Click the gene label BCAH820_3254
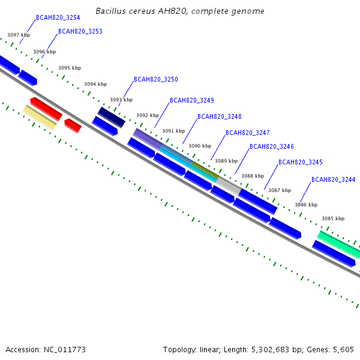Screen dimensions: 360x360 (x=58, y=18)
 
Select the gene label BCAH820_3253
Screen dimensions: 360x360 (x=80, y=31)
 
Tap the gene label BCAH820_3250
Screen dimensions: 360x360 (x=155, y=79)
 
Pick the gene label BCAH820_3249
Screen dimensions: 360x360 (x=191, y=100)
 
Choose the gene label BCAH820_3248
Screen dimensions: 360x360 (x=219, y=116)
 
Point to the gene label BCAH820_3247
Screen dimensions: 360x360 (x=247, y=133)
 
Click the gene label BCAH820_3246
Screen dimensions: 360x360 (x=271, y=146)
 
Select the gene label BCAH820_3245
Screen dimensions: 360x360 (x=300, y=162)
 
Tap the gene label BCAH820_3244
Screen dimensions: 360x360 (x=333, y=179)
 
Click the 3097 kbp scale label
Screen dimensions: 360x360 (x=18, y=35)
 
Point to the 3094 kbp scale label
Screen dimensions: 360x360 (x=95, y=85)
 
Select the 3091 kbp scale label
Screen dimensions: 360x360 (x=173, y=131)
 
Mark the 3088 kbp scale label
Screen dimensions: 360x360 (x=252, y=176)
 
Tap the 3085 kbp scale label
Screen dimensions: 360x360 (x=333, y=218)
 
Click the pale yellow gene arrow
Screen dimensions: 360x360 (x=40, y=116)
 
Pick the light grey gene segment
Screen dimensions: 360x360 (x=228, y=185)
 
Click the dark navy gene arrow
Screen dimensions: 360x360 (x=112, y=117)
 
